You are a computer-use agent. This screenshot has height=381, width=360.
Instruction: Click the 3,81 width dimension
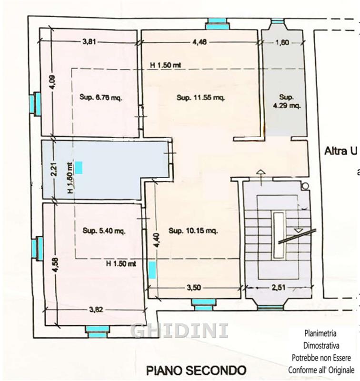89,41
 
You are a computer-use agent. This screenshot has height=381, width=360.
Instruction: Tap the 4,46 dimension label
200,42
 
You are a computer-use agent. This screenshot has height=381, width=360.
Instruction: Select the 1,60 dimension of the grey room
282,42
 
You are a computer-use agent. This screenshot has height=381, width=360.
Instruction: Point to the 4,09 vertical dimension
53,82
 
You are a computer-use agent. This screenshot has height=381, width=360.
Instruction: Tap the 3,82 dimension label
96,310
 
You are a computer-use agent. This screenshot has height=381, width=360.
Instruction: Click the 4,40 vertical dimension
157,241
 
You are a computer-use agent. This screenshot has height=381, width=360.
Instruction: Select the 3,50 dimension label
194,288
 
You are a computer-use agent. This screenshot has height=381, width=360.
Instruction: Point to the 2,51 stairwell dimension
279,288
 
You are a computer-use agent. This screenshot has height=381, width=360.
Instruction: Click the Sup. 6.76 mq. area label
101,98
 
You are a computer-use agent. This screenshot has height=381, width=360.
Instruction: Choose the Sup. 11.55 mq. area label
200,98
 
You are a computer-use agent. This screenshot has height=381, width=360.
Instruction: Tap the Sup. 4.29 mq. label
287,101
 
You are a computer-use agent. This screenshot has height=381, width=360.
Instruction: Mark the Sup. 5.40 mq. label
104,231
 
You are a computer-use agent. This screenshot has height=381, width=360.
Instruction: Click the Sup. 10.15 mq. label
193,231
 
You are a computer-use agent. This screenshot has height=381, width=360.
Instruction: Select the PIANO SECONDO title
196,371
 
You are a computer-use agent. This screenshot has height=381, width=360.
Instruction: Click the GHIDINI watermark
180,331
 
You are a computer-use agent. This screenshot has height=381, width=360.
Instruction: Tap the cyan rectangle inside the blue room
79,168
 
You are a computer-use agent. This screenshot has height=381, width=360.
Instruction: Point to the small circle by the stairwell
305,186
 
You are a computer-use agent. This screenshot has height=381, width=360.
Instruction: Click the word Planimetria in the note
320,333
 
